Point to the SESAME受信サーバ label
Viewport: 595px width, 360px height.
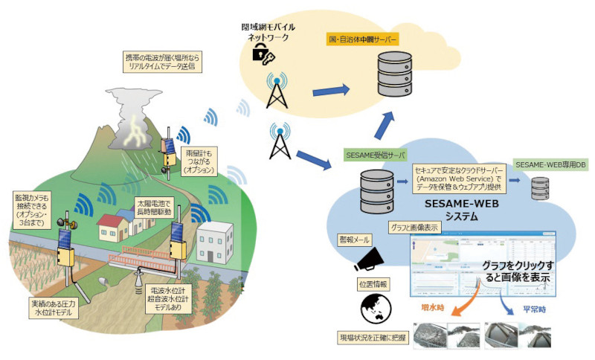(x=374, y=155)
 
